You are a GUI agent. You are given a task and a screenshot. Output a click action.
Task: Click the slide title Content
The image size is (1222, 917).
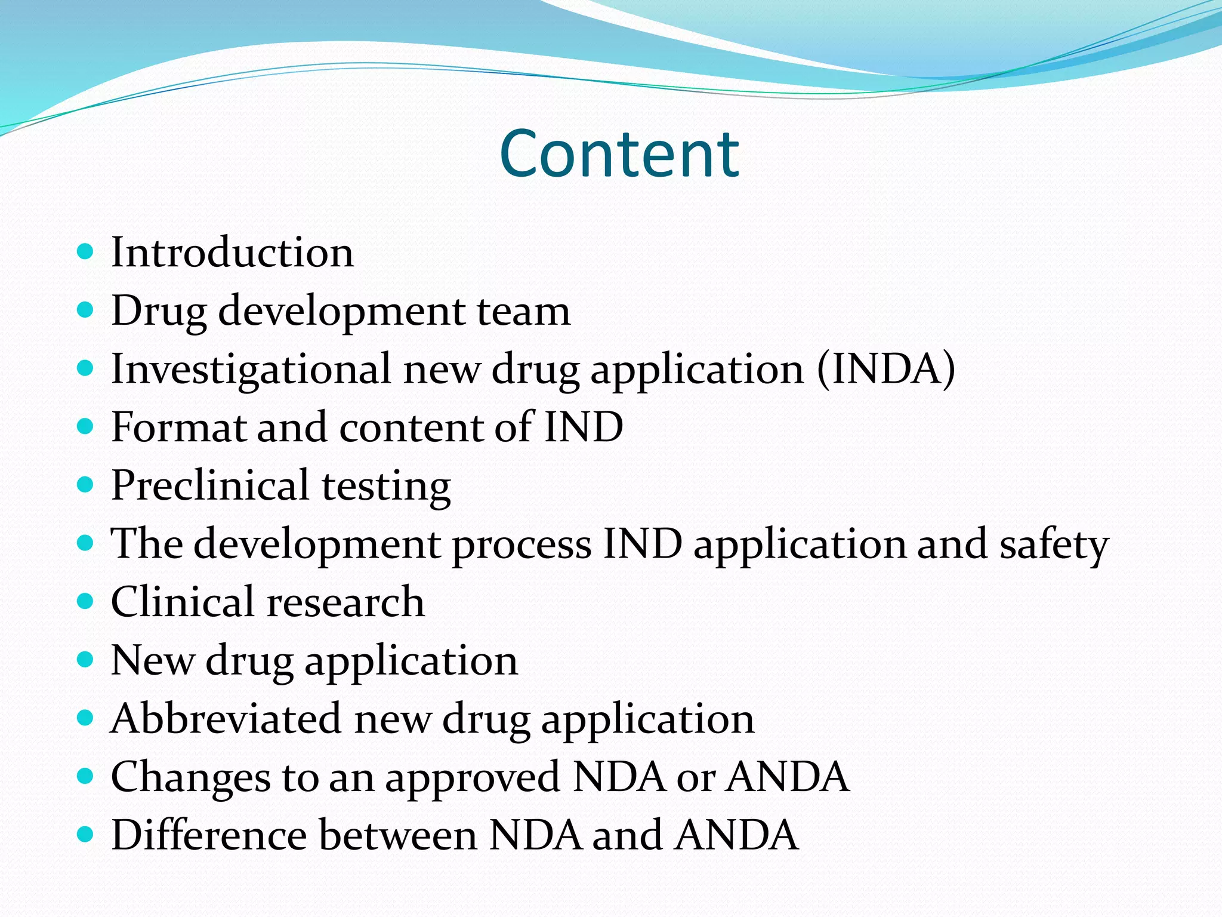pos(619,154)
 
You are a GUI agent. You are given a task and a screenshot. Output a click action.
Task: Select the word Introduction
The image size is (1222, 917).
pos(233,253)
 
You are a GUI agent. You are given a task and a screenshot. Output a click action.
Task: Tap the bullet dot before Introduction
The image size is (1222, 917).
pos(86,251)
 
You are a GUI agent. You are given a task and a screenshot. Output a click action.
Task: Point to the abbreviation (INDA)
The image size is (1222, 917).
pos(886,370)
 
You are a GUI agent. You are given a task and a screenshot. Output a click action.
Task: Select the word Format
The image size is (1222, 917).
pos(178,427)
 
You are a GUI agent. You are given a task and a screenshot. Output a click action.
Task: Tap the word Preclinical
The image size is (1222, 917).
pos(210,485)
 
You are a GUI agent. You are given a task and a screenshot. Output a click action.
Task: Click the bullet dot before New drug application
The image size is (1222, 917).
pos(86,660)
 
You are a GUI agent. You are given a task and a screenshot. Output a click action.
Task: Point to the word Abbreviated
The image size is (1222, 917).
pos(226,719)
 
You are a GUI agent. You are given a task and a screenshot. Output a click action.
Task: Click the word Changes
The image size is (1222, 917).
pos(190,777)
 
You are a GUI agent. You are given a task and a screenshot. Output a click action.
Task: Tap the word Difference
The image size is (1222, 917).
pos(209,835)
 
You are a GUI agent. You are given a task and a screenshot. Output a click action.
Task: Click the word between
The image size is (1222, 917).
pos(398,835)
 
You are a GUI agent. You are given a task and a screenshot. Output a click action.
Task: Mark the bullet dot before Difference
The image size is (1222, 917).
pos(86,834)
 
